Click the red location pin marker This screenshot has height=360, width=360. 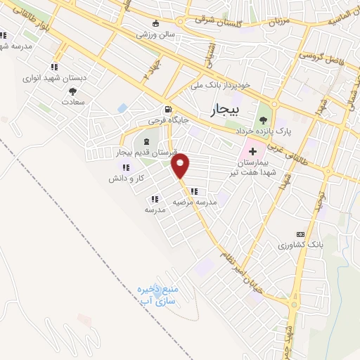(x=181, y=165)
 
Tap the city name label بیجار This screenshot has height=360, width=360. (x=226, y=110)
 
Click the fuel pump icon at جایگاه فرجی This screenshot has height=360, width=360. (x=167, y=109)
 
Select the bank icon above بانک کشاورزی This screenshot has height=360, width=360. (x=301, y=234)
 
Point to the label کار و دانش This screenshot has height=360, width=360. (x=126, y=179)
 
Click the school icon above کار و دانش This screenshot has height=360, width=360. (x=126, y=167)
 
